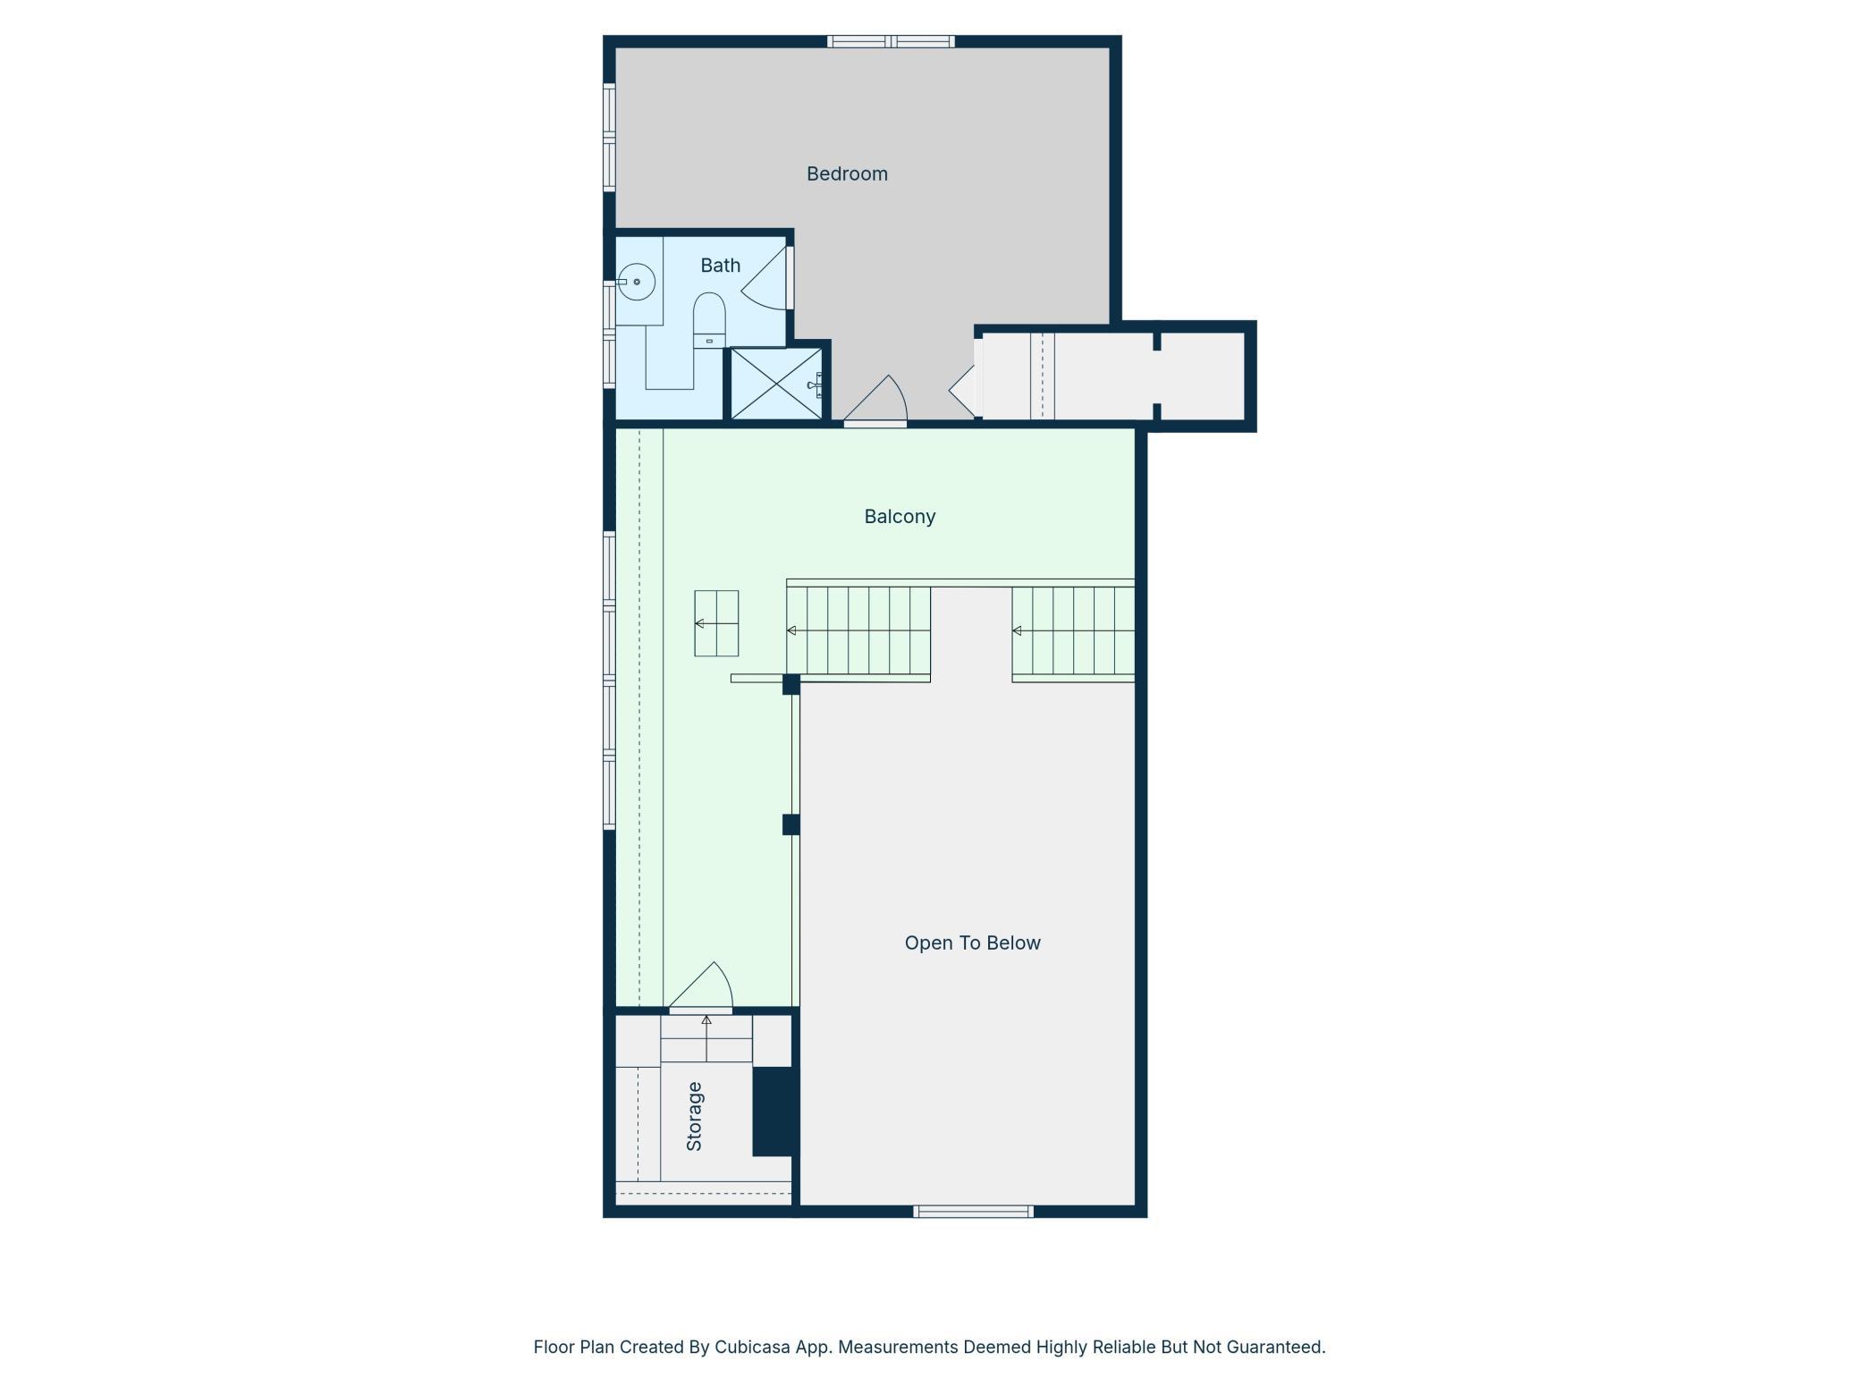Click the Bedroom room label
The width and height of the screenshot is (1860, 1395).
(x=847, y=173)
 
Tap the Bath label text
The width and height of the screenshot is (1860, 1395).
(x=720, y=266)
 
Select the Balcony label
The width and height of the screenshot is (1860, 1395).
(x=900, y=517)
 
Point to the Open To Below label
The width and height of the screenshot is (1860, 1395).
(x=972, y=943)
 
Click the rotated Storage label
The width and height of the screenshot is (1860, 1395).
(x=694, y=1116)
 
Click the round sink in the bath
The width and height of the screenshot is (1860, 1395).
(x=637, y=282)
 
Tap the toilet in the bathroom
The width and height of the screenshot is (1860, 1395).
(x=709, y=320)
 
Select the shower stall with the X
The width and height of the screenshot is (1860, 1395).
(x=776, y=384)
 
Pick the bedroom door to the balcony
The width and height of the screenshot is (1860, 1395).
(x=876, y=400)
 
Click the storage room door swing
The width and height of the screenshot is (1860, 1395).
(x=702, y=987)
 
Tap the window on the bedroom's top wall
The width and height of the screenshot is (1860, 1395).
(x=891, y=41)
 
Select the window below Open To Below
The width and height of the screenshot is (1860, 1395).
(x=973, y=1212)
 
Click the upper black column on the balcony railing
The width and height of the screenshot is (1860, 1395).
(x=790, y=684)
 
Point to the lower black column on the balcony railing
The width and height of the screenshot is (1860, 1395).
(x=790, y=824)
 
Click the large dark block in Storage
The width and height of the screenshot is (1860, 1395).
(x=774, y=1112)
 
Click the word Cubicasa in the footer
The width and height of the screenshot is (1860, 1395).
(x=752, y=1347)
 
